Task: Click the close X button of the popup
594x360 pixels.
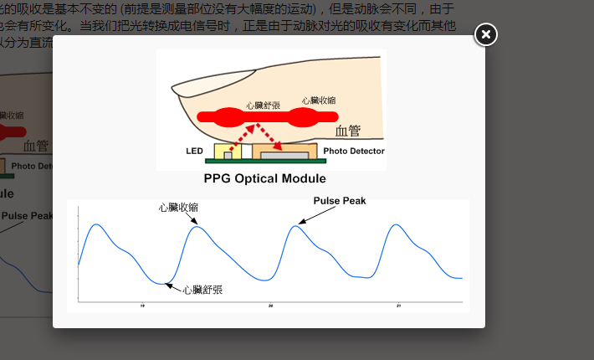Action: pos(486,34)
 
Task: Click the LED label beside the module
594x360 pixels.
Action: pos(194,152)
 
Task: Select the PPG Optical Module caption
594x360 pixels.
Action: pos(264,178)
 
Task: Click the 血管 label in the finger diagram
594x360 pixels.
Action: pos(348,131)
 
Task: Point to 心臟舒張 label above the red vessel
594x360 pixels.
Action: pos(264,106)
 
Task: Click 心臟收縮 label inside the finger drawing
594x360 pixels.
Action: pos(319,100)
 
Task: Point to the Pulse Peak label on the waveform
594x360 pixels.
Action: pos(340,201)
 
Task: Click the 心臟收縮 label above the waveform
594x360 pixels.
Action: pos(178,206)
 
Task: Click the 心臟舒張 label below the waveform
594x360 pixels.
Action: pos(202,290)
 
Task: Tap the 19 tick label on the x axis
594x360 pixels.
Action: pos(142,306)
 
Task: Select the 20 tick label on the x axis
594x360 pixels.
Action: pos(270,306)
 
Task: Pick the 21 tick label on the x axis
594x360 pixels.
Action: pos(398,306)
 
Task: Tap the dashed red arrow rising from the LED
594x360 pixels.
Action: pos(241,135)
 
